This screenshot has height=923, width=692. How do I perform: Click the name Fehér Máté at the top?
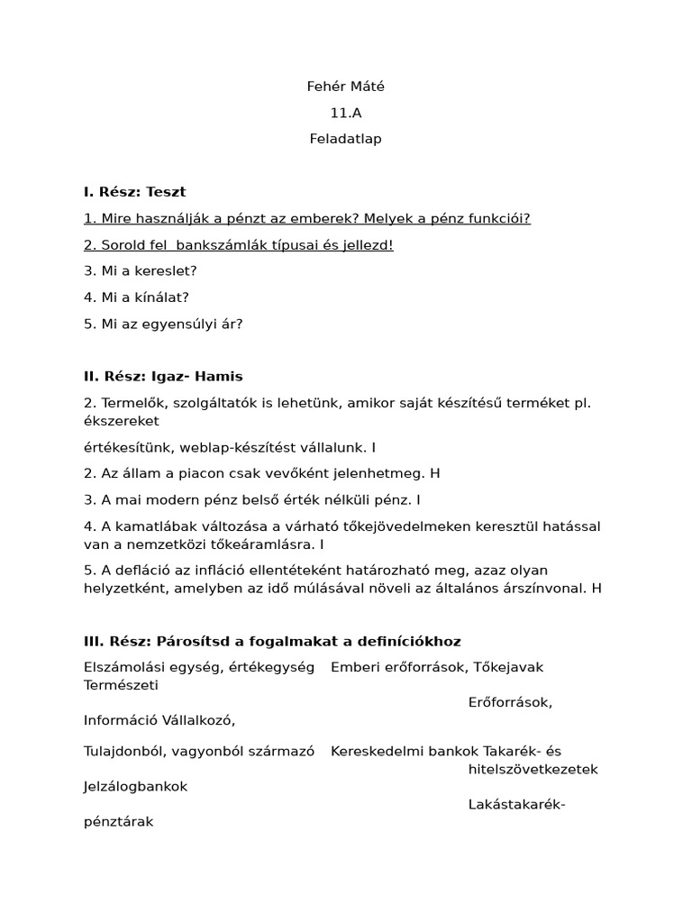[x=346, y=87]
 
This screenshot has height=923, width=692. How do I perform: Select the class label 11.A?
[x=346, y=113]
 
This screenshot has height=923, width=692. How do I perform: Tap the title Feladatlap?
[x=346, y=139]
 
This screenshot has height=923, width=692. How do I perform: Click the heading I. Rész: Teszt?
[x=134, y=191]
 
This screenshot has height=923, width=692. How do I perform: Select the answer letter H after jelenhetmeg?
[x=435, y=472]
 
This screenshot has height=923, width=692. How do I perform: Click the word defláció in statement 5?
[x=138, y=570]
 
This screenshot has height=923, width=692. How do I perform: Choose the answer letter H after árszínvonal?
[x=596, y=588]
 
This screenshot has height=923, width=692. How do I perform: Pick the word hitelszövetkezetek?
[x=533, y=769]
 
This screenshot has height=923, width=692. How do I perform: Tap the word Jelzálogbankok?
[x=136, y=786]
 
